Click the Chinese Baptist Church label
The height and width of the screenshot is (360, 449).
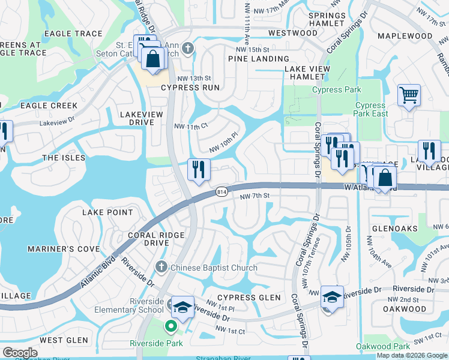click(214, 268)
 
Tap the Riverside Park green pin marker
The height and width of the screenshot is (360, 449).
click(170, 327)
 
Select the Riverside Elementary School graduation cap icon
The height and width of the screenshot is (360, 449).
click(183, 308)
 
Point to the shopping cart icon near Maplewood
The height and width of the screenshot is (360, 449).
click(409, 95)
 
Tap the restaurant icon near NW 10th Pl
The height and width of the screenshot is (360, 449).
click(199, 169)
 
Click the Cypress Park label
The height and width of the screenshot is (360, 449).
click(336, 90)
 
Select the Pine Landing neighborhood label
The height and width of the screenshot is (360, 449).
click(258, 59)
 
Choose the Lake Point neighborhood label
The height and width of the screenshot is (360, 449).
click(107, 212)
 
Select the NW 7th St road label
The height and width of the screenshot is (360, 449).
click(255, 196)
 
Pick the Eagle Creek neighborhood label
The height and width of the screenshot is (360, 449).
click(49, 106)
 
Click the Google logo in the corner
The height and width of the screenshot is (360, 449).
click(19, 353)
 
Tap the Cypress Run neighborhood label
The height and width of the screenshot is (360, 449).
click(190, 88)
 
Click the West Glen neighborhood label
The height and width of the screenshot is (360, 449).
click(64, 340)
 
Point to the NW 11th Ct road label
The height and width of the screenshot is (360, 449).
click(192, 127)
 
